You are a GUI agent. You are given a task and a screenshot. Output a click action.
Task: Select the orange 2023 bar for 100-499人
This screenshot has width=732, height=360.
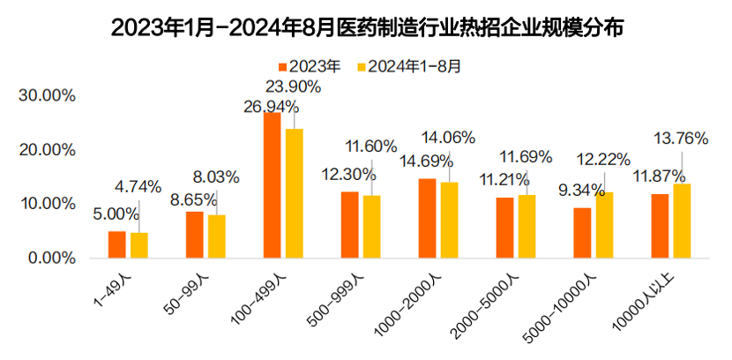pos(272,185)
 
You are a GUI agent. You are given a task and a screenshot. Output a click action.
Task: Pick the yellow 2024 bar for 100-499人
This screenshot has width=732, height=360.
pos(294,193)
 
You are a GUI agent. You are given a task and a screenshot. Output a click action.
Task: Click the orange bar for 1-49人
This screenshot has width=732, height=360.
pos(116,244)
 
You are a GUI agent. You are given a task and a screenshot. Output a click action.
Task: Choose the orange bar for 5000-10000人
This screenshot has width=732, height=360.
pos(582,233)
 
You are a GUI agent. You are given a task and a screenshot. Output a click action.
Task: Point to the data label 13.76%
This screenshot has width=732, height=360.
pos(680,138)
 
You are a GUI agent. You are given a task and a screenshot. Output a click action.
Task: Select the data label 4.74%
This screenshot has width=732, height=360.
pos(138,186)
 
